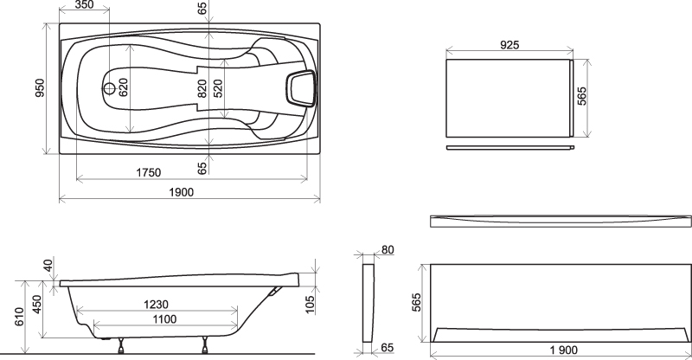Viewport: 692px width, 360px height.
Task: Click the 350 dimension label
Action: tap(84, 5)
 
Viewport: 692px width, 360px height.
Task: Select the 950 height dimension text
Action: tap(40, 88)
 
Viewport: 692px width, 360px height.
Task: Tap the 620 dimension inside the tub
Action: tap(123, 87)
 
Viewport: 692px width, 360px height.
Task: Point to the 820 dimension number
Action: tap(202, 88)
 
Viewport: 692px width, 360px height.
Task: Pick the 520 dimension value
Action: tap(218, 88)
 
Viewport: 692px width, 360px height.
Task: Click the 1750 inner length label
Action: tap(148, 172)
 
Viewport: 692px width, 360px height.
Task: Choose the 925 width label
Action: tap(509, 45)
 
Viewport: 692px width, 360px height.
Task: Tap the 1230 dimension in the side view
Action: tap(157, 305)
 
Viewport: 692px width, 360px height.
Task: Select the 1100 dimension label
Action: tap(164, 319)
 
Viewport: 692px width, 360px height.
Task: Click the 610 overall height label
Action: tap(20, 317)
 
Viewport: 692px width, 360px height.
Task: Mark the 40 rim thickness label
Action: tap(48, 266)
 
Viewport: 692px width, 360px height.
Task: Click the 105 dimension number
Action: tap(311, 305)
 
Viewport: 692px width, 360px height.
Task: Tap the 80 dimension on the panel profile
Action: tap(387, 249)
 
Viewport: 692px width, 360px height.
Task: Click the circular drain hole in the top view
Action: tap(109, 88)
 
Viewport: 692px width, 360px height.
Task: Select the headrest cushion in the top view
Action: tap(301, 89)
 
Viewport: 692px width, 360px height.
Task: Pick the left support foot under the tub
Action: tap(121, 346)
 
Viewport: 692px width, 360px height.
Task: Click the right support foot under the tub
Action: tap(205, 346)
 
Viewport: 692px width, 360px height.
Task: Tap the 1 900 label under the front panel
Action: tap(564, 350)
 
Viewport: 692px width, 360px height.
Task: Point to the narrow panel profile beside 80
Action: tap(368, 303)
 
